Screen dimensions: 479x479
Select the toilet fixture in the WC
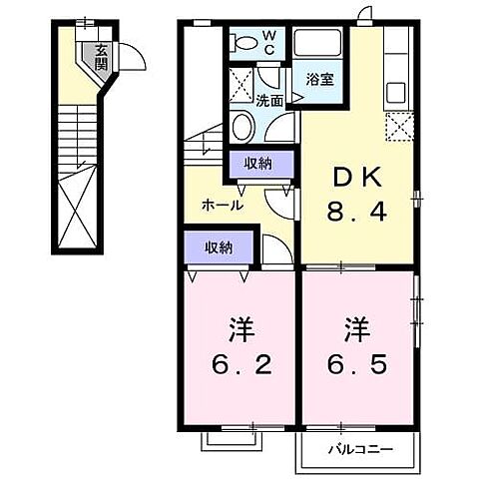click(242, 43)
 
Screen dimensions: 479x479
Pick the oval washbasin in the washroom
click(243, 128)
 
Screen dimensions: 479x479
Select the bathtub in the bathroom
click(320, 46)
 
